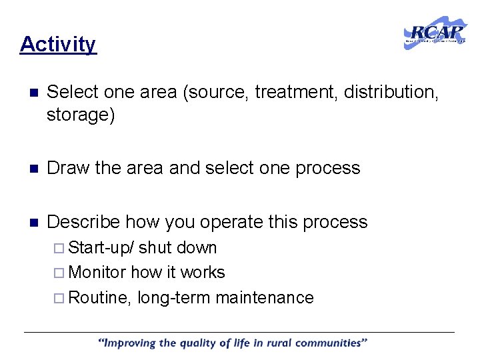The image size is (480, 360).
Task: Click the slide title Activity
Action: (58, 44)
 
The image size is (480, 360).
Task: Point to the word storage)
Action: (81, 115)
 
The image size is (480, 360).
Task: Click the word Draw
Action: (69, 168)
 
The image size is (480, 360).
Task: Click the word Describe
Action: (83, 222)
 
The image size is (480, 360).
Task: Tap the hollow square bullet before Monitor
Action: (61, 273)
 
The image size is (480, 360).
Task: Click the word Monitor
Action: (97, 273)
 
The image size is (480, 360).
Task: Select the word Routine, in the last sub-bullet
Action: (100, 297)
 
